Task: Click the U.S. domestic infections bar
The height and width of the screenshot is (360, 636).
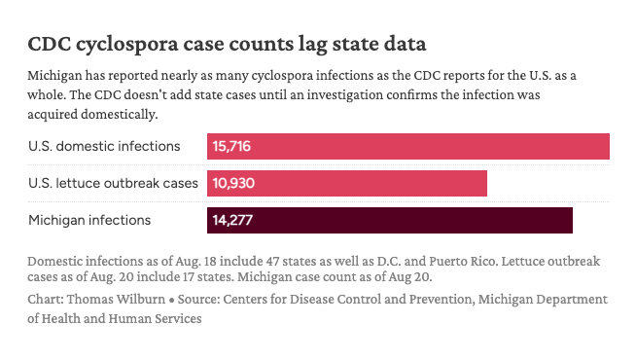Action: pyautogui.click(x=408, y=146)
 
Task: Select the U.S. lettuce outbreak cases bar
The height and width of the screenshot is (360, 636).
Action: pyautogui.click(x=347, y=183)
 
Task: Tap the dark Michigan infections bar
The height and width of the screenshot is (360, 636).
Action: pyautogui.click(x=390, y=220)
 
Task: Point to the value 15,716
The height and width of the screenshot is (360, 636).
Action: pyautogui.click(x=231, y=146)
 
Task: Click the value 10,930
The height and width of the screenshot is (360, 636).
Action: pyautogui.click(x=233, y=183)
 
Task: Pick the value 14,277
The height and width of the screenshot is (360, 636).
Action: pyautogui.click(x=232, y=220)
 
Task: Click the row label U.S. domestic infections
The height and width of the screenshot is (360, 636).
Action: pyautogui.click(x=104, y=146)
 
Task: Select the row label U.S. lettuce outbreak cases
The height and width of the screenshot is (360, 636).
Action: pyautogui.click(x=113, y=183)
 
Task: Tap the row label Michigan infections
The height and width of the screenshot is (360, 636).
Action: pyautogui.click(x=89, y=220)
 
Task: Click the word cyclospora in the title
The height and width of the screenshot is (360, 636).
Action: pyautogui.click(x=127, y=44)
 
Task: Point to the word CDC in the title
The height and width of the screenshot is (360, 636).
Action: pyautogui.click(x=49, y=44)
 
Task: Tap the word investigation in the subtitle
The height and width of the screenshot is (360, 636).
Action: pyautogui.click(x=345, y=95)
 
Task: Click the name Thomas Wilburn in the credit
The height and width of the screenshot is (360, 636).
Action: pyautogui.click(x=116, y=299)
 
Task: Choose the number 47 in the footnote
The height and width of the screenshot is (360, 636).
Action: pyautogui.click(x=272, y=261)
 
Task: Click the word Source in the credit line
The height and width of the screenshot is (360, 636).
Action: pyautogui.click(x=198, y=299)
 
